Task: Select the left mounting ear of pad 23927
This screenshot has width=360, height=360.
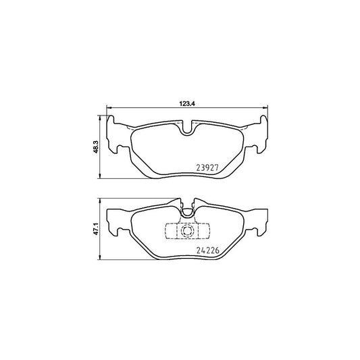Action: click(x=117, y=136)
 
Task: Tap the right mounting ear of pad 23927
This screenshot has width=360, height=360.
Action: click(x=261, y=136)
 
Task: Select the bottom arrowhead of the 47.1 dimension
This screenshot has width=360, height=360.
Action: click(x=101, y=259)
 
